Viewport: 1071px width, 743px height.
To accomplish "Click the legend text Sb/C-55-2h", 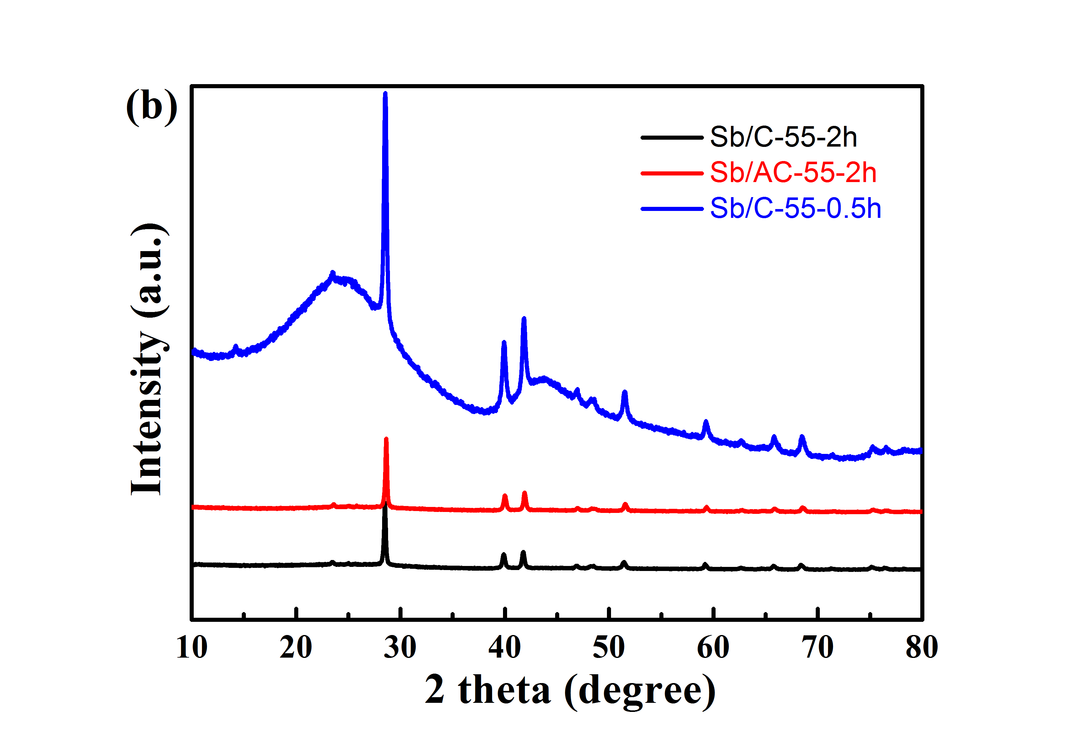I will point(783,137).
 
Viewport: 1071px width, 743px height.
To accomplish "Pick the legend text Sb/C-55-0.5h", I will point(795,208).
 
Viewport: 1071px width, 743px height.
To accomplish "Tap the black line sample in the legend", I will point(672,137).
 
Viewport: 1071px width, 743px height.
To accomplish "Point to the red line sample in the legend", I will point(672,173).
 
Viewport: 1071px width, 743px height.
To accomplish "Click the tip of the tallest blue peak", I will point(385,94).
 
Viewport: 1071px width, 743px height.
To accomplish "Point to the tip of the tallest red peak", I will point(386,439).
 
